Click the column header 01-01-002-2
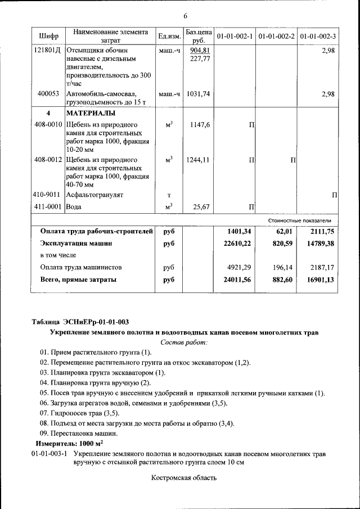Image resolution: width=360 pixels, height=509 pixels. click(276, 37)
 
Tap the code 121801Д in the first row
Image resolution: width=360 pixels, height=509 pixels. click(48, 51)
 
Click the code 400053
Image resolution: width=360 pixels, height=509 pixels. click(49, 94)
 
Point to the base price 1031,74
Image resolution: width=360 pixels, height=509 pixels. click(198, 94)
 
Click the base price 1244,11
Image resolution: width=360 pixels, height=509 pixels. click(198, 160)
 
